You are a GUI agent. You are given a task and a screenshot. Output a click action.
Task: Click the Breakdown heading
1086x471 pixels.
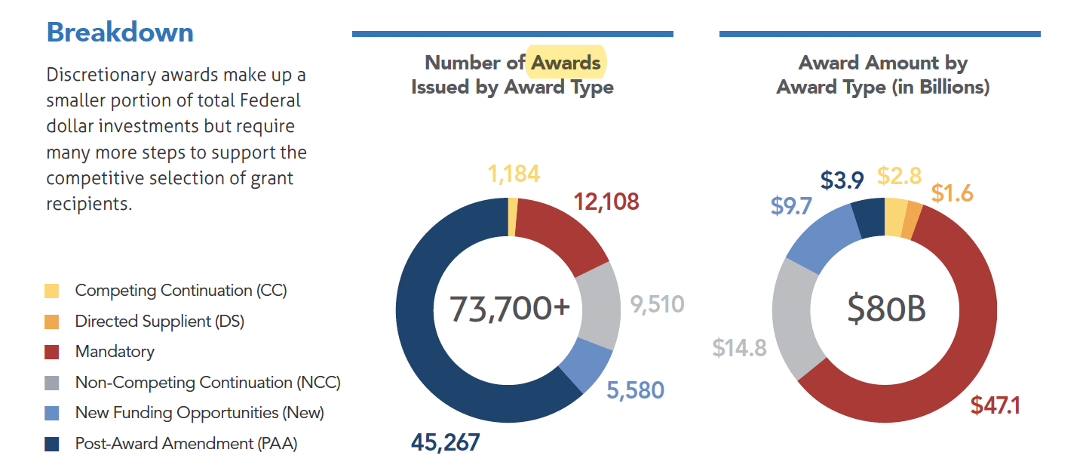(x=120, y=32)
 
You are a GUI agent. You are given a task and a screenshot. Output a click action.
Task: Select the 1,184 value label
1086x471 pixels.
(x=514, y=174)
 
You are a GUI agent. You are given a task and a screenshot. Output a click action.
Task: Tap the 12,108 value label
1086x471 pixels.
(x=606, y=202)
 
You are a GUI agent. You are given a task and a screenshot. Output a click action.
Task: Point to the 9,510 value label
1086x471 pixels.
(x=657, y=304)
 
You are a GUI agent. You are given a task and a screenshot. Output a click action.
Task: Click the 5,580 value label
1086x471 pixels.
(x=635, y=390)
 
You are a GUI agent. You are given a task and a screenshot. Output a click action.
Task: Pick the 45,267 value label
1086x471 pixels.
(x=445, y=442)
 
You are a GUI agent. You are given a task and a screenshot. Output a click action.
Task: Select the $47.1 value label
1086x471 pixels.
(x=995, y=405)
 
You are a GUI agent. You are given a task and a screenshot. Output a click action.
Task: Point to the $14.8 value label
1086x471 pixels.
(x=739, y=347)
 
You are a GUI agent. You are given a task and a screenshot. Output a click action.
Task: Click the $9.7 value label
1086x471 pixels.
(x=791, y=206)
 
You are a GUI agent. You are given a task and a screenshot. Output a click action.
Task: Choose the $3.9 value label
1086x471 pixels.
(x=842, y=181)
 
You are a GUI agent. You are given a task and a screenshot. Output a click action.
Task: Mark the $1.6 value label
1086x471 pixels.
(x=952, y=193)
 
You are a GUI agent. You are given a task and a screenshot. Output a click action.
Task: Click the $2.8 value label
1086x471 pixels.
(x=899, y=176)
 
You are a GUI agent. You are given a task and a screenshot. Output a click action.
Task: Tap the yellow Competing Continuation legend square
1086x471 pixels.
(x=52, y=291)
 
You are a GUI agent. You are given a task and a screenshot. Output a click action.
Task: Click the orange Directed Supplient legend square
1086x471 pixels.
(x=52, y=322)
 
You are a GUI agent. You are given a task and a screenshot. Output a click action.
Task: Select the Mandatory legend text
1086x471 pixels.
(x=115, y=352)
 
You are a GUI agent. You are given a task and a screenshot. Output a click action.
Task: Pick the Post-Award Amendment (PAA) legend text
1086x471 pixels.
(x=186, y=444)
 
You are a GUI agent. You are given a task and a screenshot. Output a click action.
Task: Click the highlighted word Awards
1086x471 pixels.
(x=566, y=63)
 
